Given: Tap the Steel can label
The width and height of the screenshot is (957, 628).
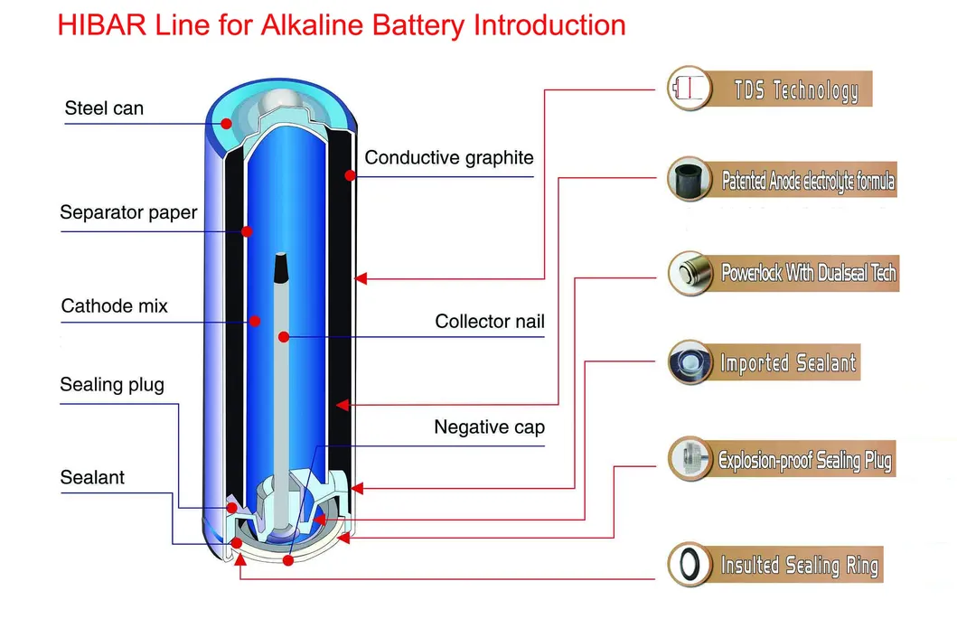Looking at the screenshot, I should click(x=104, y=109).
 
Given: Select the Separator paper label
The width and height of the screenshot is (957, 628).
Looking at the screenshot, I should click(x=128, y=213).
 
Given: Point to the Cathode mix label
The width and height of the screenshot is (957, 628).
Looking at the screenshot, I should click(x=115, y=305).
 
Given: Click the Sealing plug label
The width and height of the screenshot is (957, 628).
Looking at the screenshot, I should click(x=112, y=385).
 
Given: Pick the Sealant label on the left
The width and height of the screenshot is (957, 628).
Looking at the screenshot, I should click(x=92, y=477).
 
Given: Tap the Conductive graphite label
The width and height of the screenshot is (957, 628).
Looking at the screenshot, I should click(x=449, y=158).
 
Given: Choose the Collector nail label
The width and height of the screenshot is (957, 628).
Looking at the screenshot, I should click(x=490, y=321).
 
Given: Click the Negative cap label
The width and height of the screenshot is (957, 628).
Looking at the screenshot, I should click(x=489, y=427).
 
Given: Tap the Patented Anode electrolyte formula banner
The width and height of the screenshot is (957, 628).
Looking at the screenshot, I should click(x=808, y=182).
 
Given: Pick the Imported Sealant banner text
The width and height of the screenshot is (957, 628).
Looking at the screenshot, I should click(x=787, y=364).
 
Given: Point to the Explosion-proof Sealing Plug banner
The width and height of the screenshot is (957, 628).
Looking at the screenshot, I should click(x=804, y=460).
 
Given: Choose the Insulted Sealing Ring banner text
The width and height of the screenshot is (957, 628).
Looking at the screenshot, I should click(x=799, y=566).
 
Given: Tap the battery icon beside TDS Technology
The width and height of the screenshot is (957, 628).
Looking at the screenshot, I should click(x=687, y=89).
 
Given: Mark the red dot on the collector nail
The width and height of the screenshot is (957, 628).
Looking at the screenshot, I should click(x=284, y=337).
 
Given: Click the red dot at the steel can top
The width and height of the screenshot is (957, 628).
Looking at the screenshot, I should click(x=227, y=123).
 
